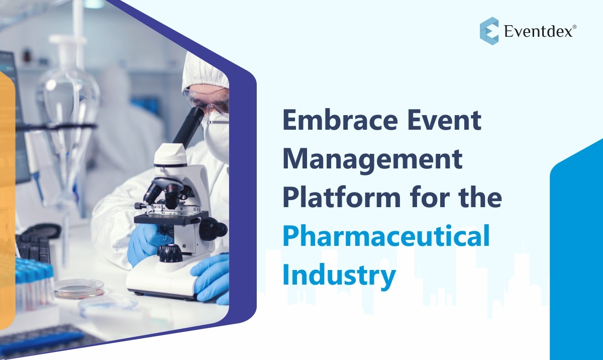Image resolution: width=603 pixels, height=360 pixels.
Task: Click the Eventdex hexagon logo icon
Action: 489,31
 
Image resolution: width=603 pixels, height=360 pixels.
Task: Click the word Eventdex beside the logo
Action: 538,31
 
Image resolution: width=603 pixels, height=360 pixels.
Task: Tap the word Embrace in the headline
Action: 340,120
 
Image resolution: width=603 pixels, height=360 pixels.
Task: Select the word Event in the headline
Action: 445,120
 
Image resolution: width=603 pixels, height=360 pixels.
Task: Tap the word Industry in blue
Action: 339,276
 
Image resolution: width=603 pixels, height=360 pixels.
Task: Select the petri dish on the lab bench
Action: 79,289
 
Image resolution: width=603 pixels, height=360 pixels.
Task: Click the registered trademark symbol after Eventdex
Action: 574,27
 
